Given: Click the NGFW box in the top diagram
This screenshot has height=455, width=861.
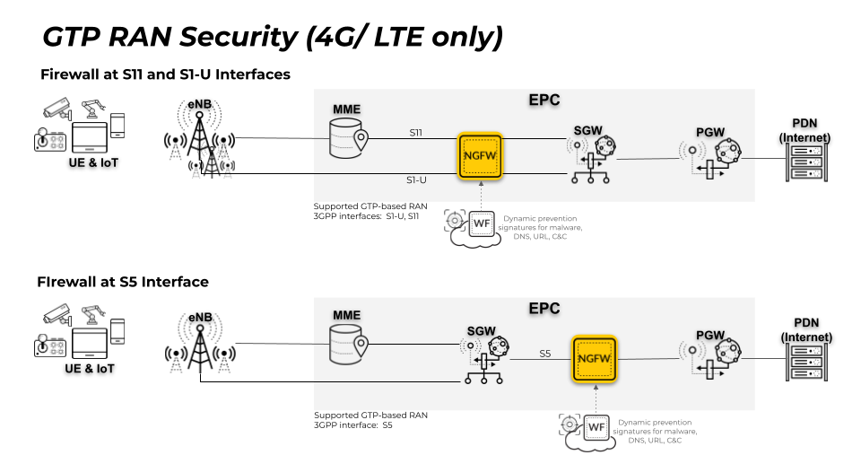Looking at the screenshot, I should pyautogui.click(x=481, y=156).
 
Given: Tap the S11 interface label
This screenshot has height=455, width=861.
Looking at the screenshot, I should pyautogui.click(x=416, y=133).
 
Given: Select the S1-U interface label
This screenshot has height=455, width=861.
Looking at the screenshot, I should pyautogui.click(x=418, y=179).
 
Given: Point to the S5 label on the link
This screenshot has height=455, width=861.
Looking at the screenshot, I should pyautogui.click(x=544, y=353).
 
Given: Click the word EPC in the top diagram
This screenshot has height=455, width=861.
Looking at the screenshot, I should pyautogui.click(x=544, y=100).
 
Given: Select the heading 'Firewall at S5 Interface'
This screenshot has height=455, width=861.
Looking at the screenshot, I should pyautogui.click(x=124, y=282).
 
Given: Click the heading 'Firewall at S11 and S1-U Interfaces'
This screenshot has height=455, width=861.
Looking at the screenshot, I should pyautogui.click(x=165, y=74).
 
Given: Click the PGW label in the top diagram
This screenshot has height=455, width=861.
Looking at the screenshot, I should pyautogui.click(x=709, y=133).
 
